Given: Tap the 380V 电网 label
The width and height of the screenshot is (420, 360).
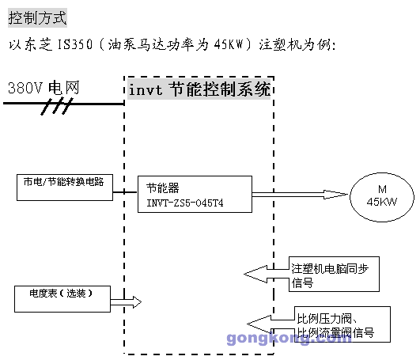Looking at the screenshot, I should (44, 88).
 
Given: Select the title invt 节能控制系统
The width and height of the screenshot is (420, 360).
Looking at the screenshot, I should (201, 89).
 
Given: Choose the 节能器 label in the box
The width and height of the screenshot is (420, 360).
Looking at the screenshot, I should (163, 188).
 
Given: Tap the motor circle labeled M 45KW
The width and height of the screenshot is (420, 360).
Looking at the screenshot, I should (382, 194).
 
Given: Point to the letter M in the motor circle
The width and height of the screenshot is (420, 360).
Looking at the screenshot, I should (382, 188).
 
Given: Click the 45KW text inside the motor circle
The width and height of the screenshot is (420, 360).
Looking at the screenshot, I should (382, 201).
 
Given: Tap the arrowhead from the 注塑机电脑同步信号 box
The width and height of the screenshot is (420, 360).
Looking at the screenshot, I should (255, 274).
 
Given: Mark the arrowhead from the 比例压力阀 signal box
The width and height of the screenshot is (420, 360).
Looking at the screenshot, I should (258, 322).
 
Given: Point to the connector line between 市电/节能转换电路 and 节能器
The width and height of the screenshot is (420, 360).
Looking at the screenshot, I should (124, 189).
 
